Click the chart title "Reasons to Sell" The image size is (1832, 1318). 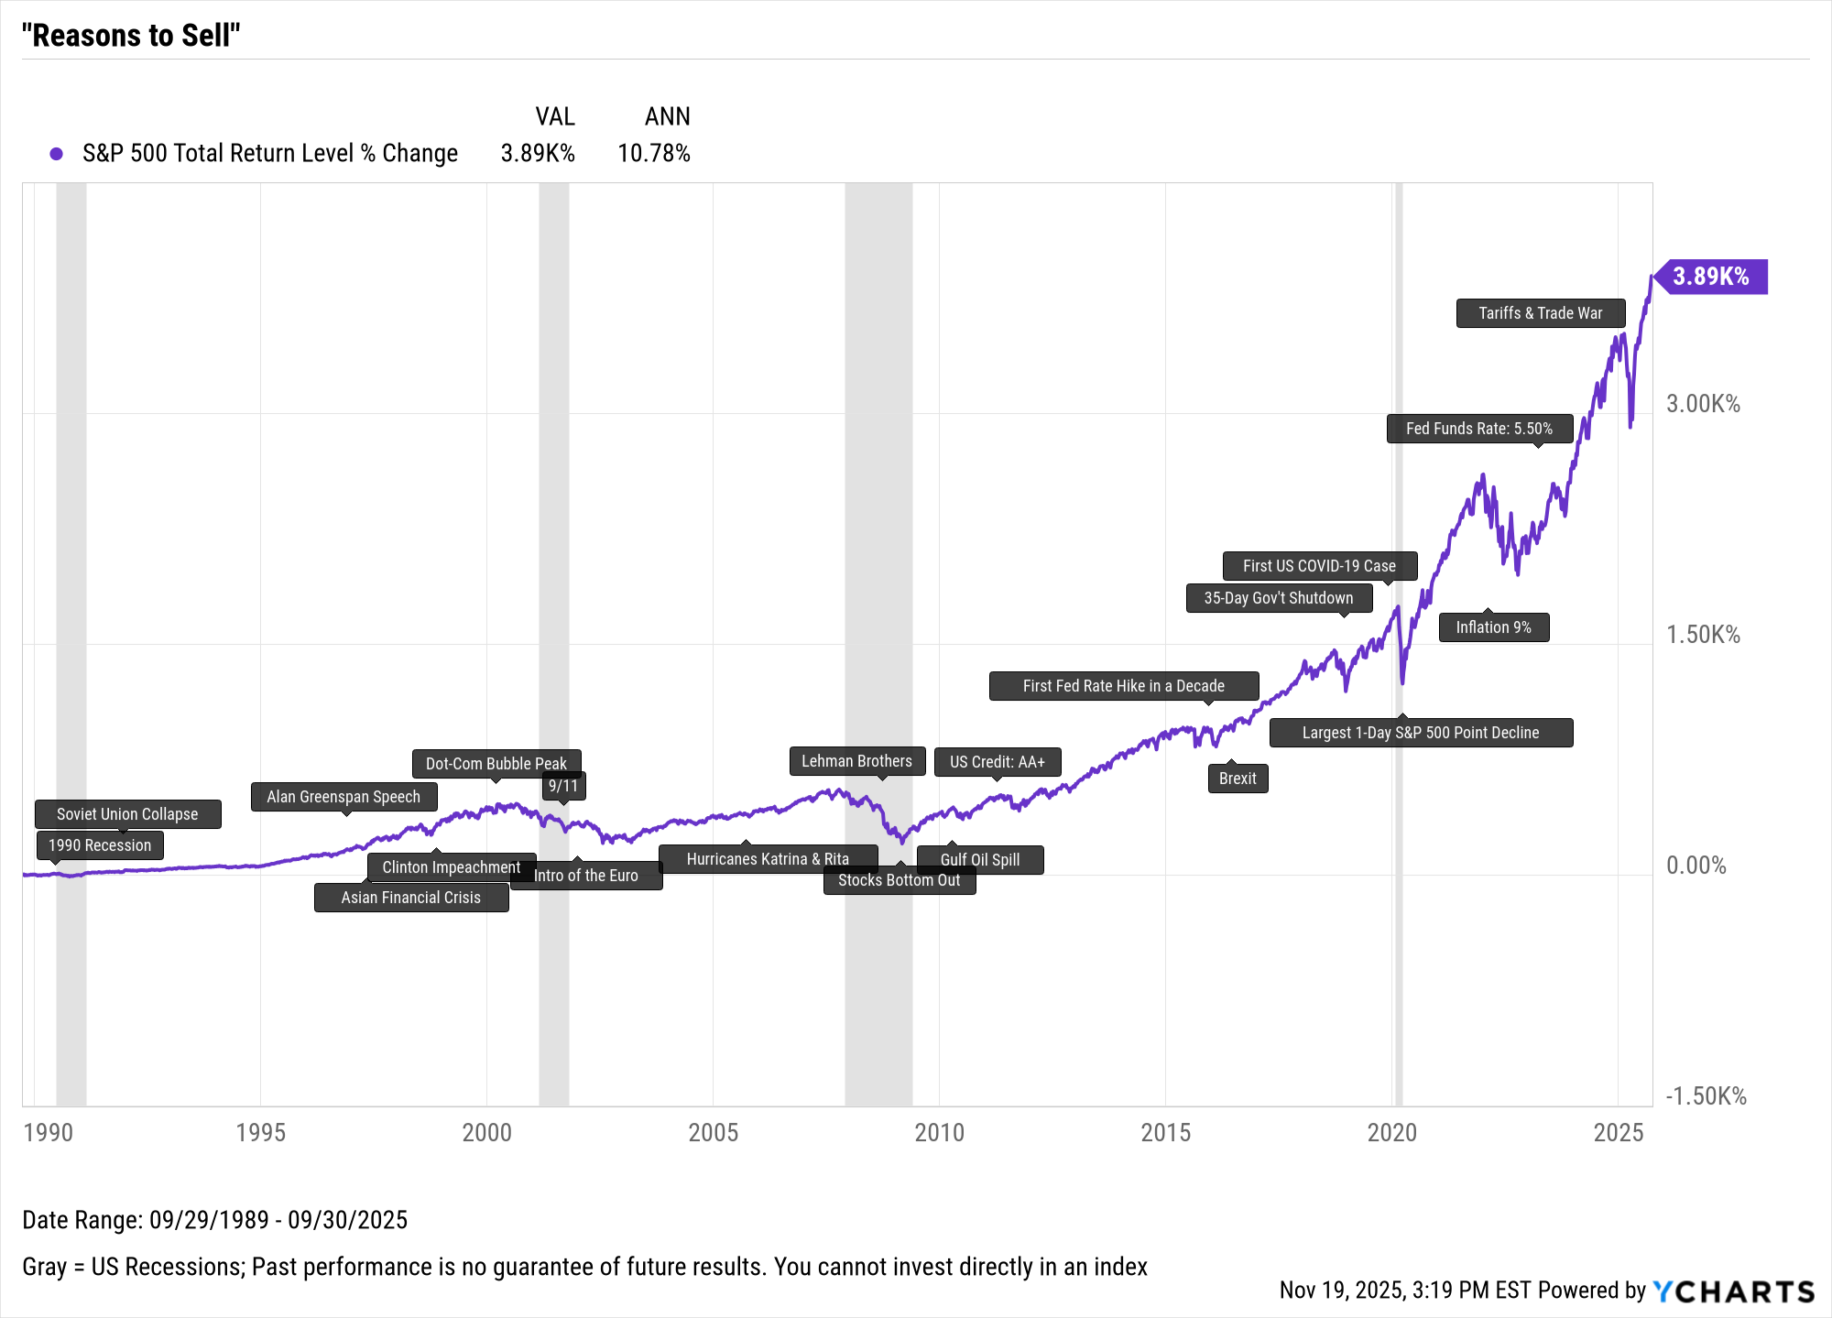(x=131, y=36)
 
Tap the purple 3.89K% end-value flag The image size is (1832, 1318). (x=1711, y=277)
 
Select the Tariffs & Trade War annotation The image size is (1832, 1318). (x=1541, y=313)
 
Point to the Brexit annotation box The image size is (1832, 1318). (x=1238, y=779)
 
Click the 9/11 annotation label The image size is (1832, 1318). (x=563, y=786)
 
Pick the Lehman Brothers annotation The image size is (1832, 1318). (x=856, y=761)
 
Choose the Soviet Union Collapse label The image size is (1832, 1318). (x=127, y=814)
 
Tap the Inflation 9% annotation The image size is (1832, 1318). (x=1493, y=627)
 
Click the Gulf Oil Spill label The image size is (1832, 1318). (x=980, y=859)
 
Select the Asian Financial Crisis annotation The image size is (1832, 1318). (x=410, y=898)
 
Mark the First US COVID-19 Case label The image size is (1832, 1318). (x=1319, y=566)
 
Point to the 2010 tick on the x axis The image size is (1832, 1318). (x=939, y=1133)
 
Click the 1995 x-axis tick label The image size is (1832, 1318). (x=260, y=1133)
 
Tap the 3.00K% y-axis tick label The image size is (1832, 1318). (x=1703, y=404)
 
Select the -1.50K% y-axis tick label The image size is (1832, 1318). (x=1706, y=1096)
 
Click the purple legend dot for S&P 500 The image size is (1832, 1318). (x=57, y=154)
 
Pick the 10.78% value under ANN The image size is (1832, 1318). (x=653, y=154)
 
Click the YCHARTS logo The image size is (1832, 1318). (x=1733, y=1291)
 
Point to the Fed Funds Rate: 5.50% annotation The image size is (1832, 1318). (x=1479, y=429)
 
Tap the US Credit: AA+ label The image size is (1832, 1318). (x=997, y=762)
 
